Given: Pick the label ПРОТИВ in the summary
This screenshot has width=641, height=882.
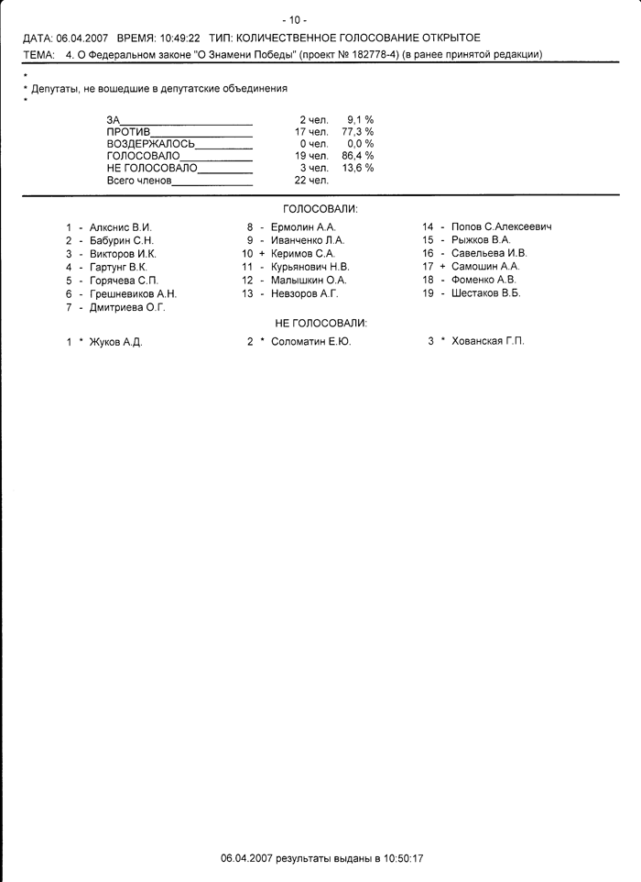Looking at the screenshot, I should pos(128,132).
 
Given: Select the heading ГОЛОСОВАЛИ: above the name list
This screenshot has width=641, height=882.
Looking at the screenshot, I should pos(320,209).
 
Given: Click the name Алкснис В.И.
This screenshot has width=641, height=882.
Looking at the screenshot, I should pos(120,226).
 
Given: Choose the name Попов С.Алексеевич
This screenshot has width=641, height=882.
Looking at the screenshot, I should pos(501,226).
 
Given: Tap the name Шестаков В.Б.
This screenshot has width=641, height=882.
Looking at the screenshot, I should pos(485,293).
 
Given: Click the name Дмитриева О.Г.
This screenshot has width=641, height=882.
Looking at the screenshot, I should pos(127,307).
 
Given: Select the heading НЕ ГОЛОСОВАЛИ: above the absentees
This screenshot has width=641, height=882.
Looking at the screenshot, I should pos(320,324).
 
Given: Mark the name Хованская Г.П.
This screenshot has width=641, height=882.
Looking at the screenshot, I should pos(488,341).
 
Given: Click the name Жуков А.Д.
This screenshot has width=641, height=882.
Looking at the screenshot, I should pos(115,341).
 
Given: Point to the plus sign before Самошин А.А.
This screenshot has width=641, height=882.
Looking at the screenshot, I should pos(442,267).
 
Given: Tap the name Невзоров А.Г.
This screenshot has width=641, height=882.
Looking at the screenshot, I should pos(305,293).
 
